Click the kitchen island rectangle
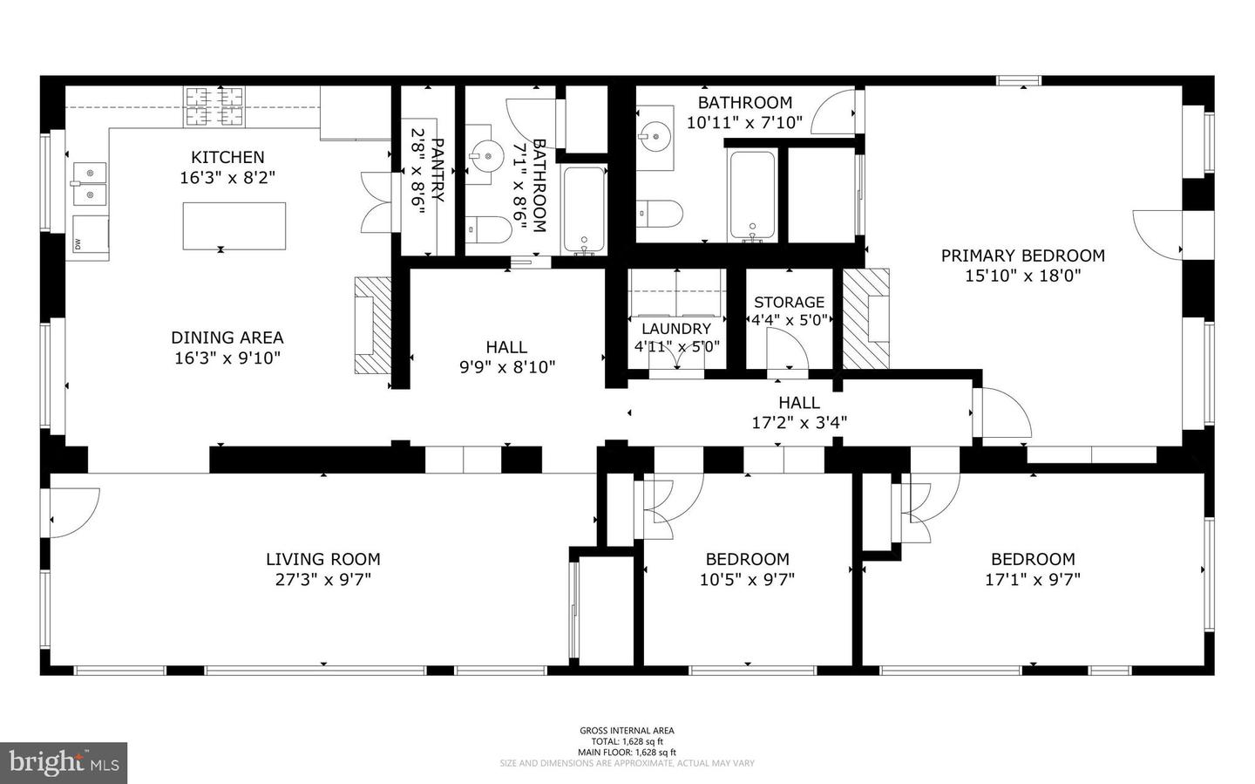pos(234,226)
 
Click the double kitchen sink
pos(89,184)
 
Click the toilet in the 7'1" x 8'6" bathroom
pos(489,229)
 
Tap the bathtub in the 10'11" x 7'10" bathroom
pos(752,195)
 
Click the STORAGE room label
pos(789,302)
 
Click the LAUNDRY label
pos(676,329)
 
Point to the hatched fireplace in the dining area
pos(373,325)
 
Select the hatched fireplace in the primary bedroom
pos(866,318)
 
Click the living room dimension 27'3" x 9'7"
pos(323,579)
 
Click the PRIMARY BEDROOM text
pos(1022,256)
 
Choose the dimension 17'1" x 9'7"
pos(1033,579)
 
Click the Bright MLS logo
pos(64,763)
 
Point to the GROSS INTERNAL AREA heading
pos(627,731)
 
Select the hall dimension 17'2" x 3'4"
pos(799,423)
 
